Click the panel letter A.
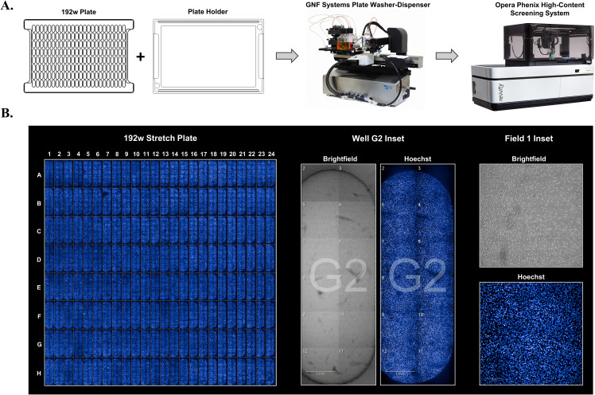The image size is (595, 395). [x=10, y=7]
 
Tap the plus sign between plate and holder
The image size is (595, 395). [x=142, y=57]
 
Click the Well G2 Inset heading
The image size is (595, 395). [x=376, y=136]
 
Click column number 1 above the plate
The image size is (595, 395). [x=49, y=152]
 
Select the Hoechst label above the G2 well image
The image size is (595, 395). [x=416, y=158]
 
